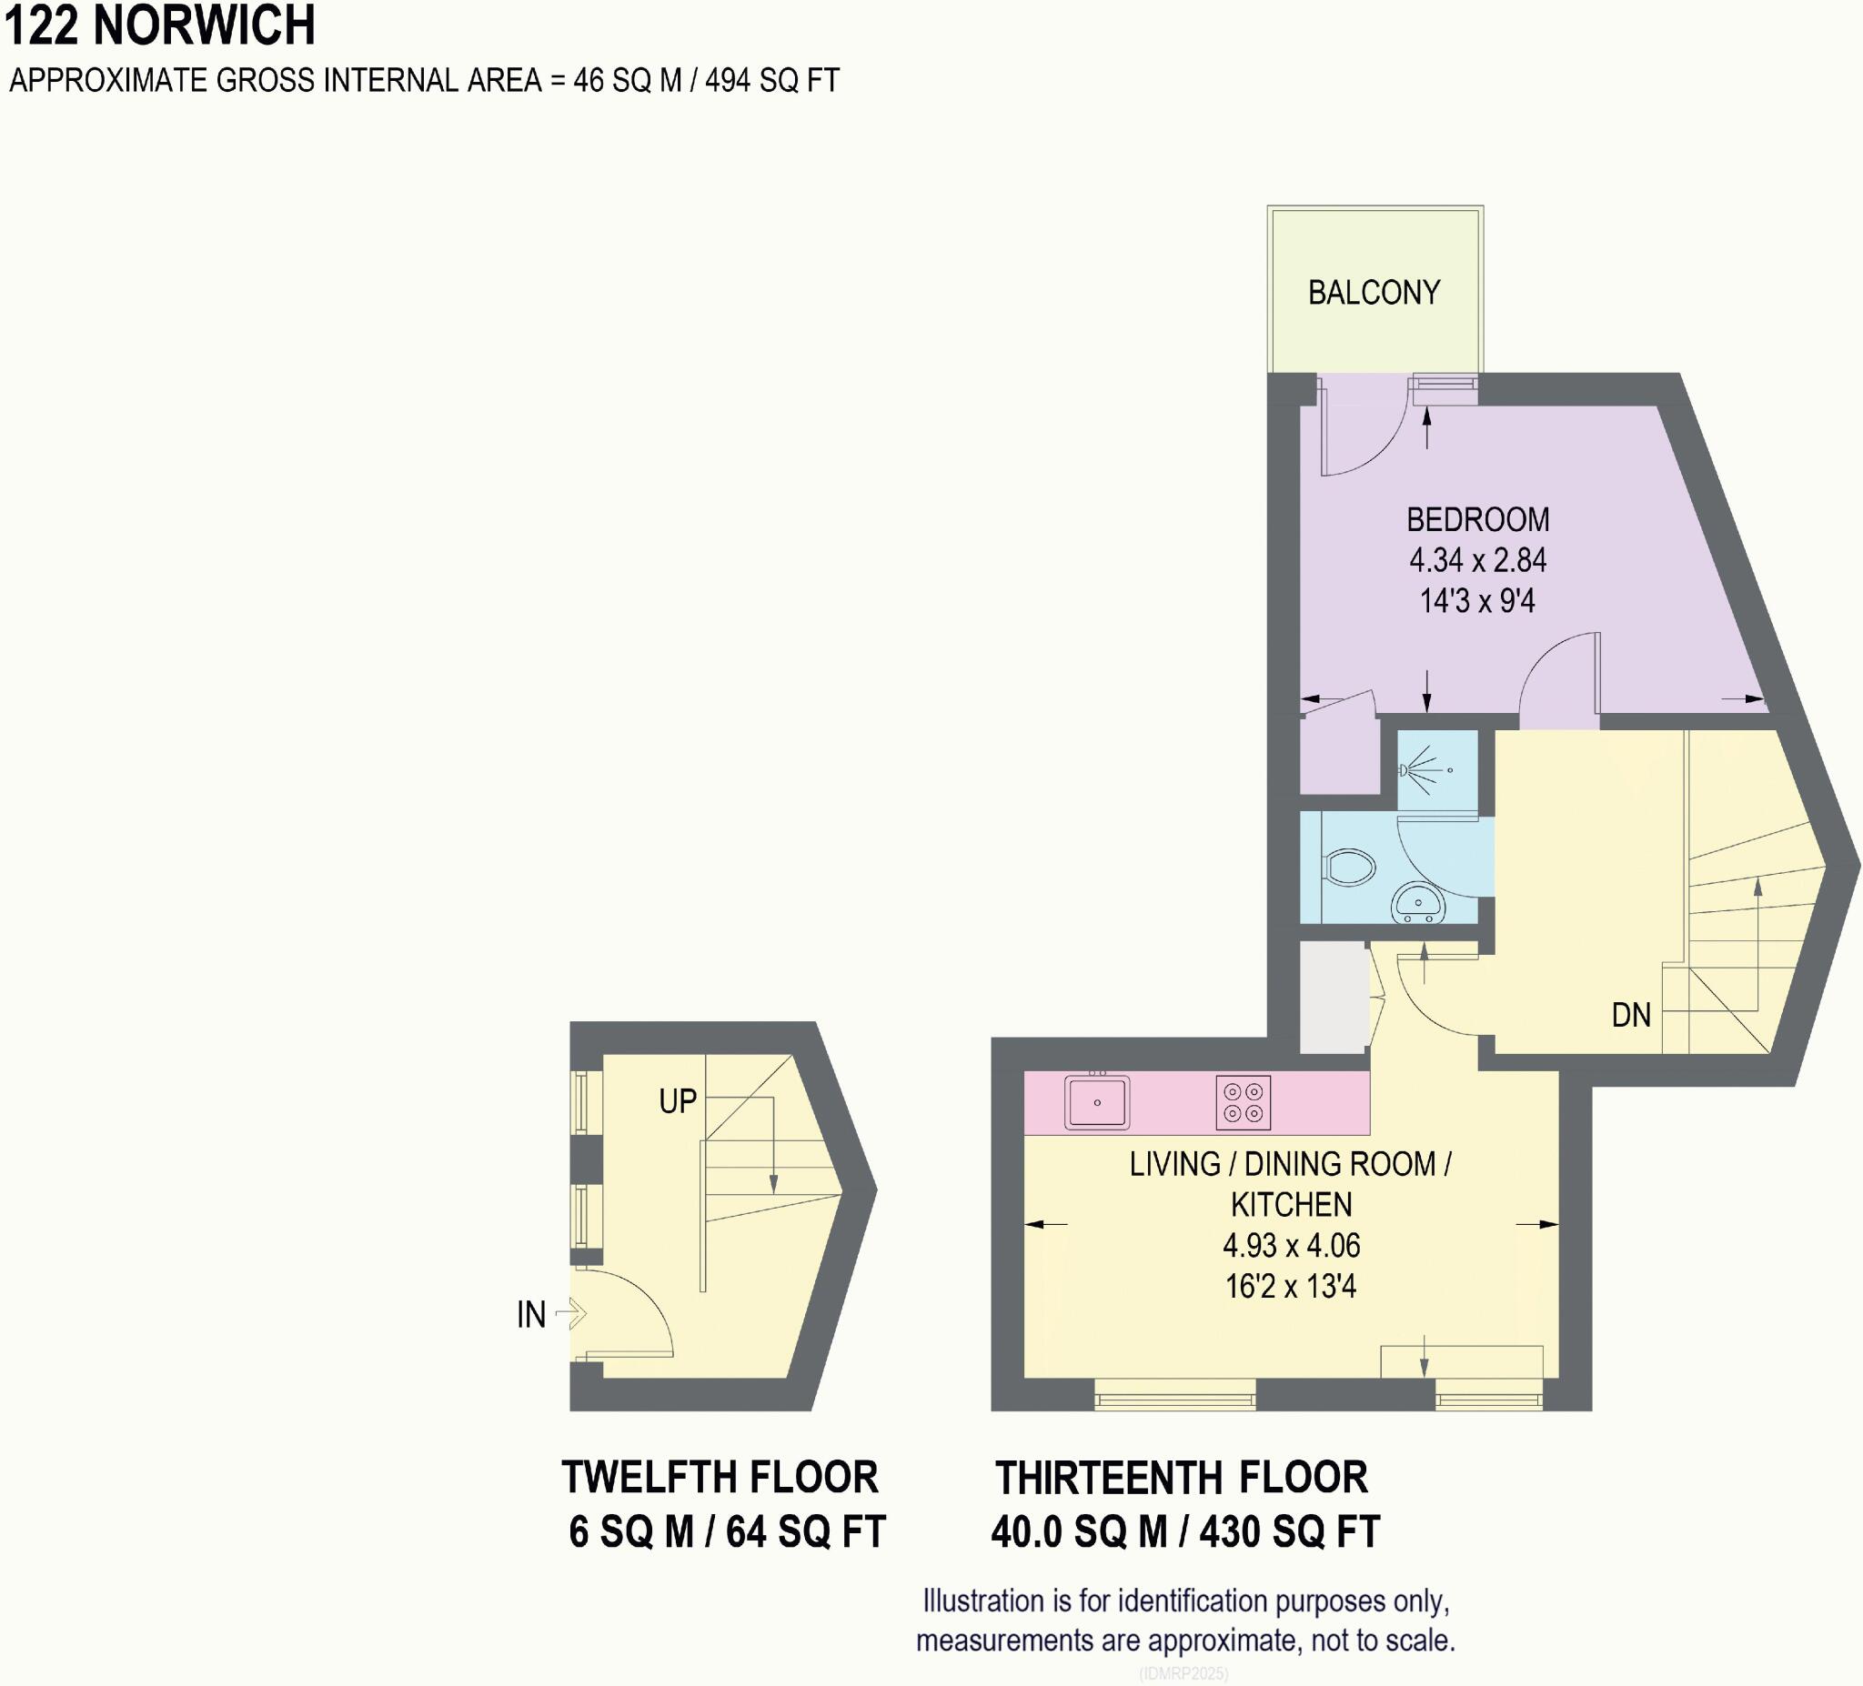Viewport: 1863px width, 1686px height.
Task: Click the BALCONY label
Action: point(1374,293)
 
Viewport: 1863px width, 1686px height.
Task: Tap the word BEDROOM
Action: point(1476,520)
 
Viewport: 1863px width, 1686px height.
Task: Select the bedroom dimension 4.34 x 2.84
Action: point(1476,561)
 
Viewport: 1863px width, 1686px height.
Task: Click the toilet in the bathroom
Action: point(1349,868)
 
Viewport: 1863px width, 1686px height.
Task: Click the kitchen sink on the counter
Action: point(1097,1102)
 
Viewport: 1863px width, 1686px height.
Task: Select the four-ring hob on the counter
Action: point(1243,1102)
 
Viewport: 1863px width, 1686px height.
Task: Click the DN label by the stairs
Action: point(1630,1015)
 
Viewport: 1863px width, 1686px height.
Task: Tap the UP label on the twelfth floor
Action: point(678,1101)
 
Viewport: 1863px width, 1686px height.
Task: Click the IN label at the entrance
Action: point(530,1315)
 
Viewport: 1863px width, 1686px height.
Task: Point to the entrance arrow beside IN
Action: point(573,1313)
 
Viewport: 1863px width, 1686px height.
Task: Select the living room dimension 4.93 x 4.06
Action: point(1291,1245)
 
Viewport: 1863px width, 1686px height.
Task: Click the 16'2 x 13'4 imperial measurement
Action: point(1290,1286)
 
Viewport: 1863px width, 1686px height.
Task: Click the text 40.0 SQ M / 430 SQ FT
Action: point(1184,1531)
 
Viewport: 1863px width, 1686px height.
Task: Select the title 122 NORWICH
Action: point(160,25)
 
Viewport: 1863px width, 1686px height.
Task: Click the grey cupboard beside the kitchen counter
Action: point(1334,997)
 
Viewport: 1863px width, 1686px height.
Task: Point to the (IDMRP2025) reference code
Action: point(1183,1673)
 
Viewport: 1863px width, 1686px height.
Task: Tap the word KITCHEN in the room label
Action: point(1291,1205)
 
